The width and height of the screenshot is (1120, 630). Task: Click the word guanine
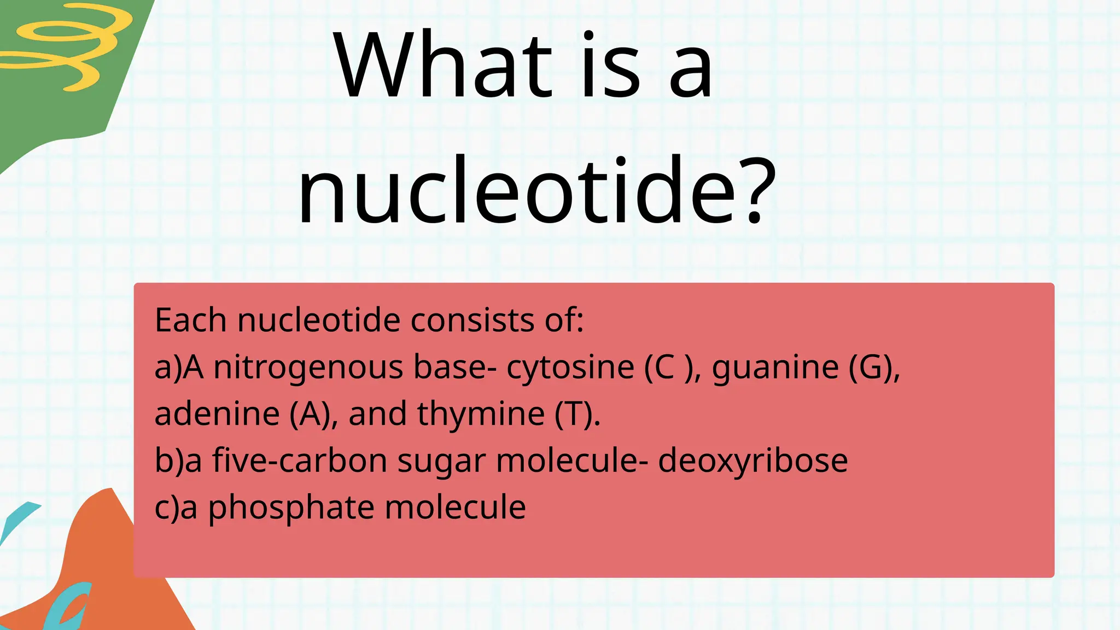(775, 367)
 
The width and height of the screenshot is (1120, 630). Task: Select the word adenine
(217, 414)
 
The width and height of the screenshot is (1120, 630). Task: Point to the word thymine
(481, 414)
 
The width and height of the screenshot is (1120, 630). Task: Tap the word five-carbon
(300, 460)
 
